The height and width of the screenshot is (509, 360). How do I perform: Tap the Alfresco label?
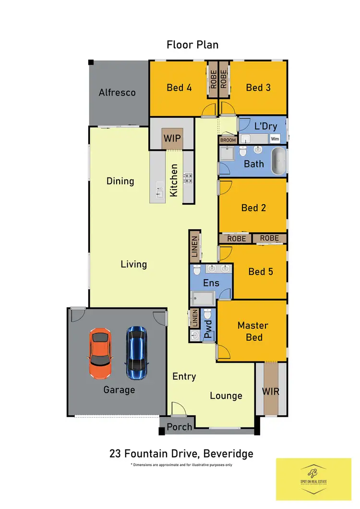[117, 93]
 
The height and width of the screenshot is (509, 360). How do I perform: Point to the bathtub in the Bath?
[278, 162]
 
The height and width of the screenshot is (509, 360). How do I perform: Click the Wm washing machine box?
[275, 139]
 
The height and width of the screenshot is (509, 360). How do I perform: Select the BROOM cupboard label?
[228, 141]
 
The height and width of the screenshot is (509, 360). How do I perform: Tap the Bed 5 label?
[261, 272]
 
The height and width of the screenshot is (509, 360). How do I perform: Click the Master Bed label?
[253, 331]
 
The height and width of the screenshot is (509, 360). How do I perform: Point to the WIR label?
[271, 391]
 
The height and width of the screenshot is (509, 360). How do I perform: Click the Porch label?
[179, 426]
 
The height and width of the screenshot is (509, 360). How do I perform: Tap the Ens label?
[211, 283]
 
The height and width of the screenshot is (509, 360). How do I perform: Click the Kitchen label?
[174, 180]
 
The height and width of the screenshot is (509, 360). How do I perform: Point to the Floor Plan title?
[192, 45]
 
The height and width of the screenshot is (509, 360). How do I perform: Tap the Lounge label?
[226, 396]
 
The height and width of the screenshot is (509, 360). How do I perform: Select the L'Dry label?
[264, 127]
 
